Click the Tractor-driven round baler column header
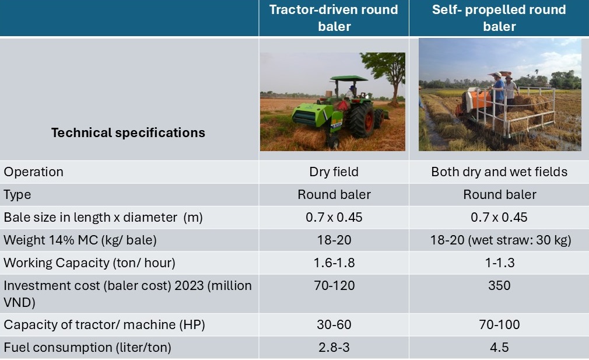334,18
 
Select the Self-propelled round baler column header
499,18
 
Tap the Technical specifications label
128,132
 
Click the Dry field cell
334,172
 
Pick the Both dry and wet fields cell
499,172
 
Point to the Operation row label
33,172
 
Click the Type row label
17,195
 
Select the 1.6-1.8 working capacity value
334,263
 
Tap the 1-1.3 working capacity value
499,263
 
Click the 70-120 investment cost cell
334,285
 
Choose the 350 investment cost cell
499,285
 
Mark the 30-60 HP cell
334,324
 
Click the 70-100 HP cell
499,324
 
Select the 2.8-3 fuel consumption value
334,347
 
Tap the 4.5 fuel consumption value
499,347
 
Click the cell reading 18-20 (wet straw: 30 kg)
500,240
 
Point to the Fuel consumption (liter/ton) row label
87,348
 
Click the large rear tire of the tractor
362,120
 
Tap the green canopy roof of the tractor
349,79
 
